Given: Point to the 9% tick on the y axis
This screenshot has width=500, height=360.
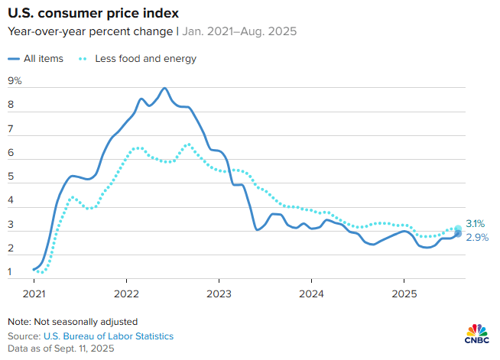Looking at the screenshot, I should tap(15, 81).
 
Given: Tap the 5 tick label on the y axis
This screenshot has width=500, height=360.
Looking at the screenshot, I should tap(11, 177).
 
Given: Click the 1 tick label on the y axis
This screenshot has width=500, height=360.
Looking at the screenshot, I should tap(11, 272).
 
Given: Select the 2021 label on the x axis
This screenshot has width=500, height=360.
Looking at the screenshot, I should tap(34, 293).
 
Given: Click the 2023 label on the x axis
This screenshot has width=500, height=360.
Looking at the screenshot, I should tap(219, 293).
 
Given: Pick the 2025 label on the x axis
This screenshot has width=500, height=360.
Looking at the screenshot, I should tap(404, 293).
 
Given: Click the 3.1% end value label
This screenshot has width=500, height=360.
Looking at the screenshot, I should tap(476, 225).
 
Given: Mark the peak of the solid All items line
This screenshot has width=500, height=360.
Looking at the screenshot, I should tap(164, 88).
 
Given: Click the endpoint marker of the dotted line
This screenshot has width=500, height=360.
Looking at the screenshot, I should tap(458, 229).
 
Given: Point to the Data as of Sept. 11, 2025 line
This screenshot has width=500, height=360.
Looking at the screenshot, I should tap(60, 348).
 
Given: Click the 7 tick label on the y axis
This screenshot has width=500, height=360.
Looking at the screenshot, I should tap(11, 129).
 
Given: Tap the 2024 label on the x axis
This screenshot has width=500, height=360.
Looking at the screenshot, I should tap(311, 293).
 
